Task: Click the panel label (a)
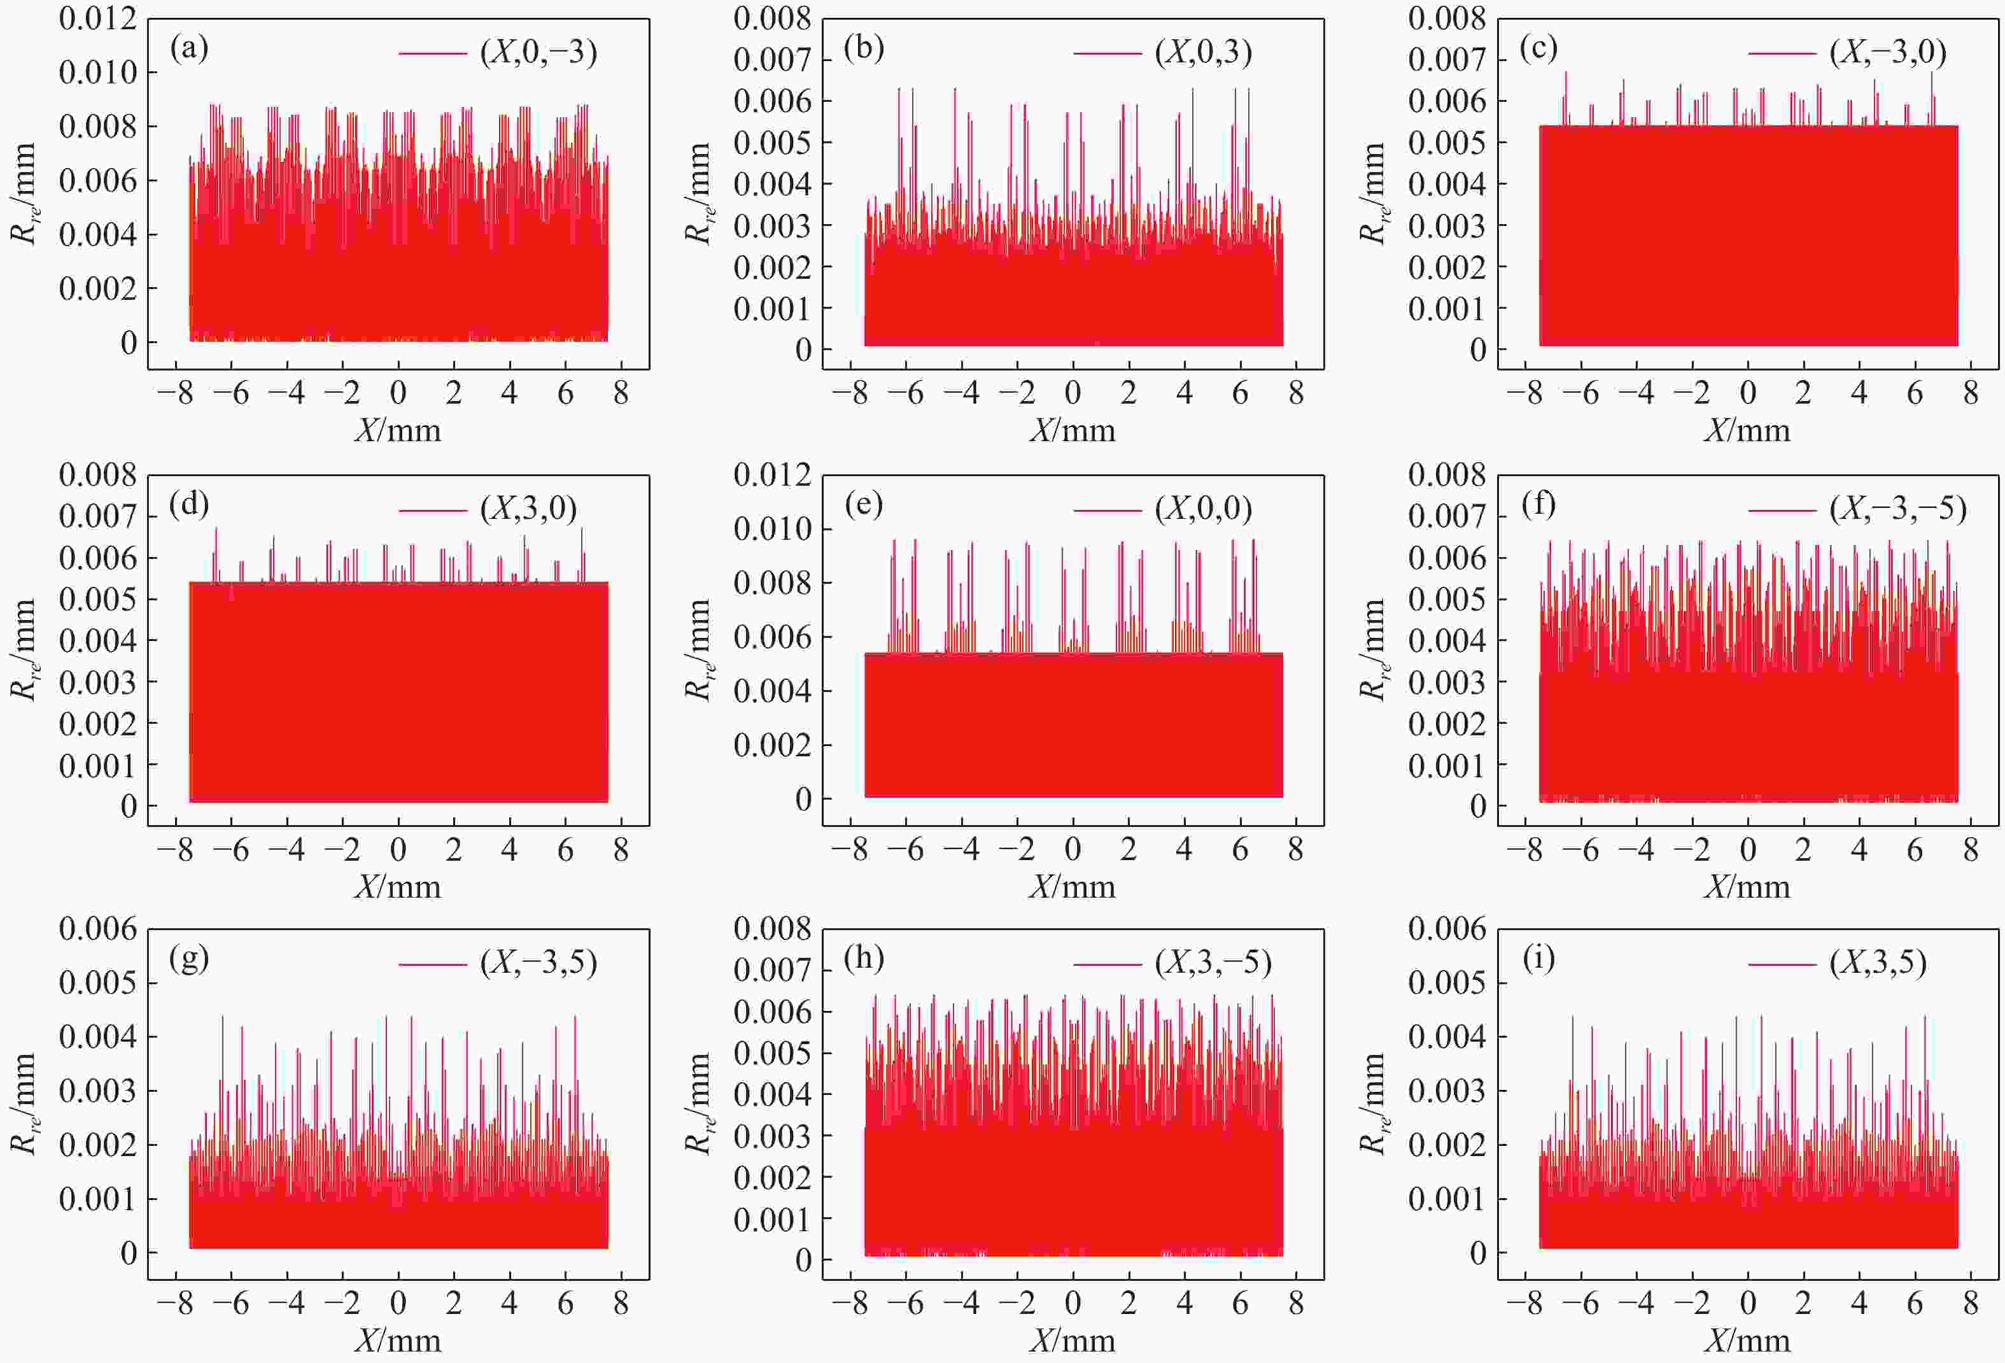[x=189, y=48]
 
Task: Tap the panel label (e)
[x=864, y=505]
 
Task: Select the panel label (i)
[x=1538, y=958]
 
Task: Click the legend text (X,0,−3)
[x=538, y=53]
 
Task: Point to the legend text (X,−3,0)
[x=1888, y=53]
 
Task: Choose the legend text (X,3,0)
[x=528, y=508]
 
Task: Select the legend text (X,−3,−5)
[x=1898, y=508]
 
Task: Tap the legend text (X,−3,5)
[x=538, y=962]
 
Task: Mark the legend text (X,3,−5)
[x=1213, y=962]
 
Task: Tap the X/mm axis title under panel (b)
[x=1073, y=430]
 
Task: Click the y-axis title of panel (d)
[x=24, y=649]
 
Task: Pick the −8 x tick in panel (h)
[x=849, y=1304]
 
